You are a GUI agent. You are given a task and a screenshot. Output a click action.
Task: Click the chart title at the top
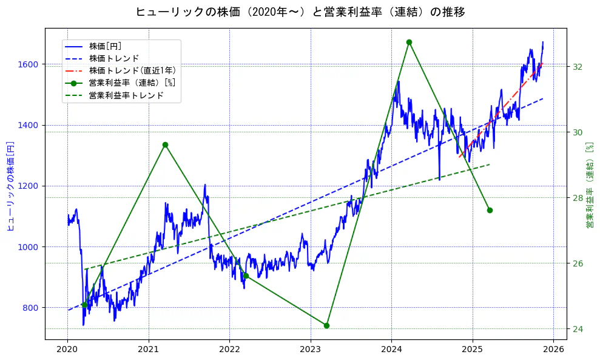point(300,12)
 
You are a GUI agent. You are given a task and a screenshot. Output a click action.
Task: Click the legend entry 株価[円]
point(105,46)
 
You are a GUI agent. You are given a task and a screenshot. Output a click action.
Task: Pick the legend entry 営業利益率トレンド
point(126,95)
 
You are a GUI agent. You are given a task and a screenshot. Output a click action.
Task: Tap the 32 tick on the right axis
point(578,67)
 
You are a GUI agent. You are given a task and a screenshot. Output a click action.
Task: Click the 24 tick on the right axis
point(578,329)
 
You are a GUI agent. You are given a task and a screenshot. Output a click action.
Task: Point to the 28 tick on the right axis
point(578,198)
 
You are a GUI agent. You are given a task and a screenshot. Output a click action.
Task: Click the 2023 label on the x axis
point(310,350)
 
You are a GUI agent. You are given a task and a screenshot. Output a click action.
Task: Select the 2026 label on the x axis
point(553,350)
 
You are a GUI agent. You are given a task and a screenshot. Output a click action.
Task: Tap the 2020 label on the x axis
point(67,350)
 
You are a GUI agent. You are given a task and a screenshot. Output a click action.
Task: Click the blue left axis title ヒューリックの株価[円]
point(10,186)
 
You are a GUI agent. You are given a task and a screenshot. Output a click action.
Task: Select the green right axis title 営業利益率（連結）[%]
point(590,186)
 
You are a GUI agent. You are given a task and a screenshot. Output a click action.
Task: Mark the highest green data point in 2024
point(409,42)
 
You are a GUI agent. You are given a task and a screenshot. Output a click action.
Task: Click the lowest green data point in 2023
point(327,325)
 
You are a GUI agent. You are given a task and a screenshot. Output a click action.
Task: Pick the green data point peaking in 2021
point(165,144)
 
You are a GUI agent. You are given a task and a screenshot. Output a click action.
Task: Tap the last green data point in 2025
point(490,210)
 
